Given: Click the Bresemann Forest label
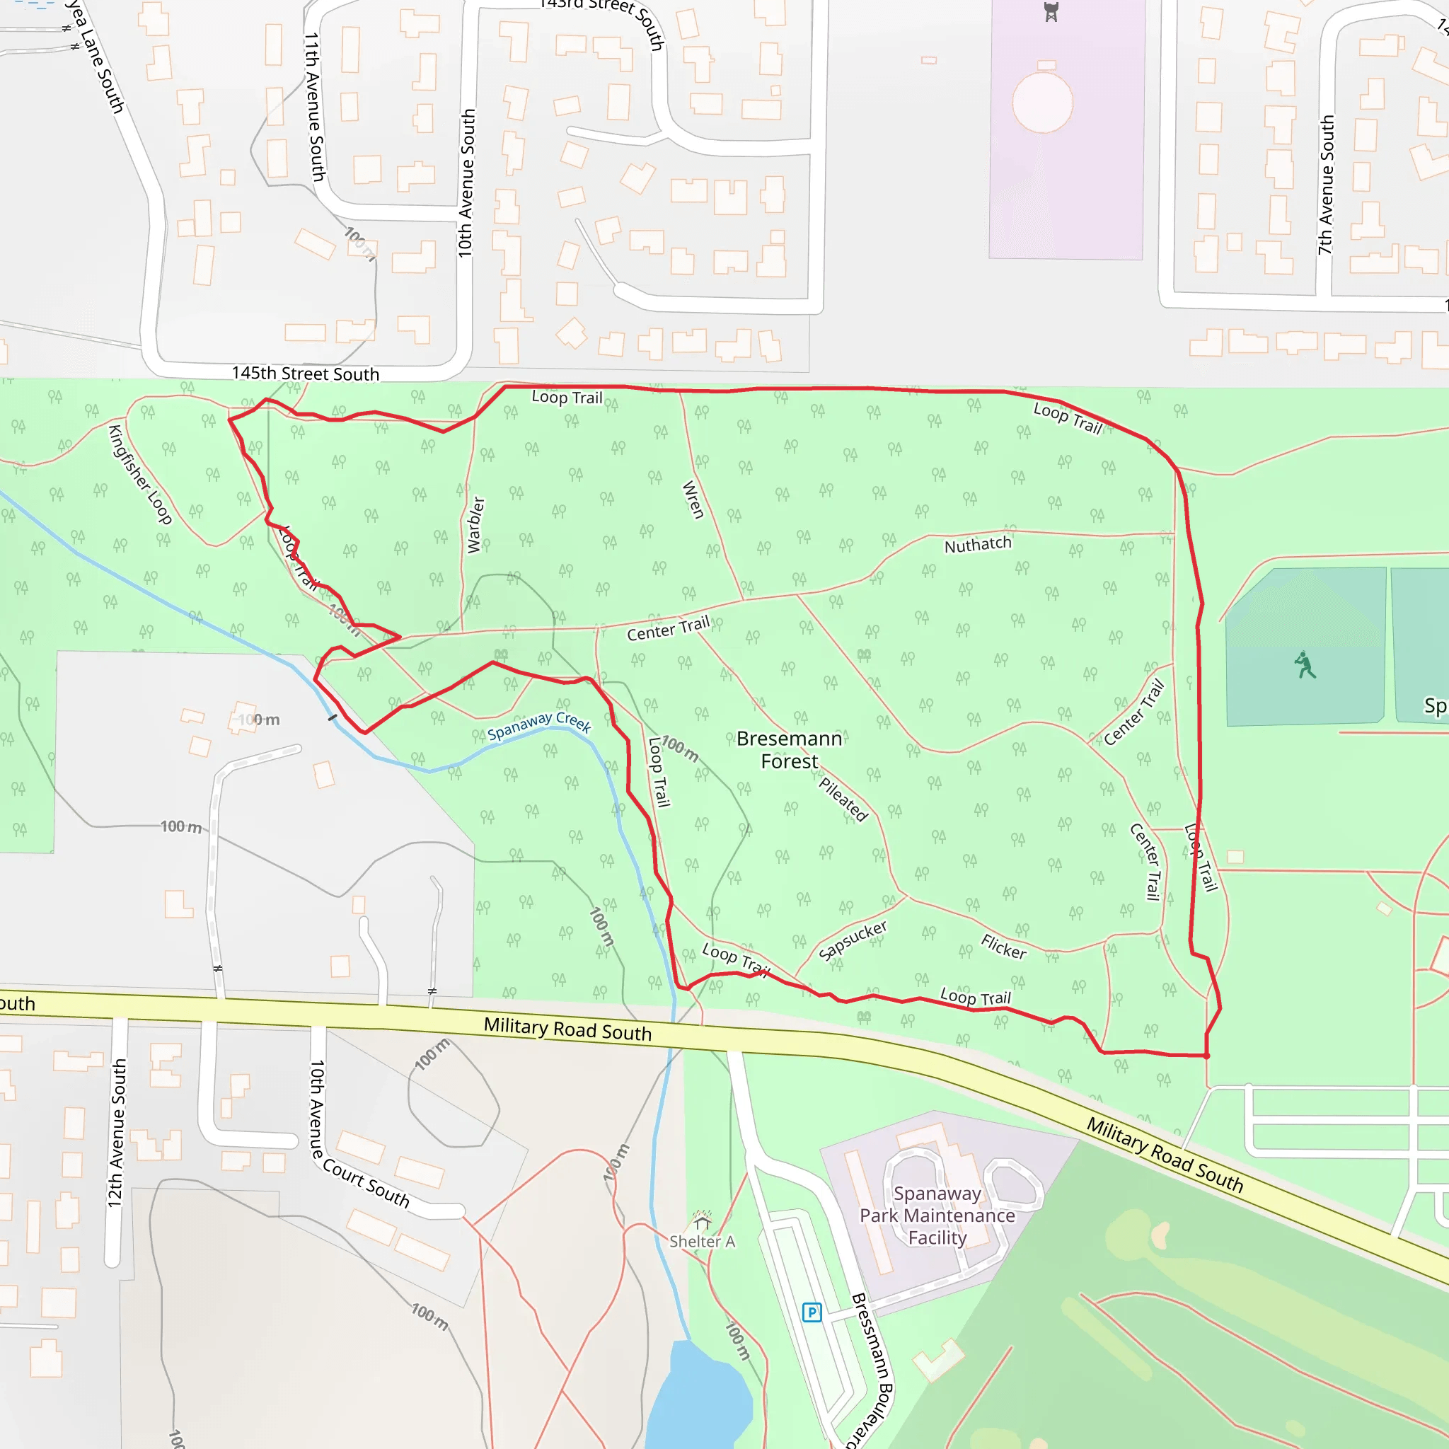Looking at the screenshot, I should (789, 749).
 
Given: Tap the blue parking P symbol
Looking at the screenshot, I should (812, 1312).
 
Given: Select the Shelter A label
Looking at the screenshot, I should (702, 1241).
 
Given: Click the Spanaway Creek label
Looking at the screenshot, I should (539, 724).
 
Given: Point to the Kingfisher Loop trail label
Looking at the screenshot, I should (140, 474).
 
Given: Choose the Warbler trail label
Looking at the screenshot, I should (475, 524).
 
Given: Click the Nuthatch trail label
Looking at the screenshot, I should (977, 545).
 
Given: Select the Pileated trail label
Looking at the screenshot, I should (843, 799).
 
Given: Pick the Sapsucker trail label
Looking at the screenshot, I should (853, 940).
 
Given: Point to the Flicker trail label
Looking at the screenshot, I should (1003, 947).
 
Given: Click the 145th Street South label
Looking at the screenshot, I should (305, 374).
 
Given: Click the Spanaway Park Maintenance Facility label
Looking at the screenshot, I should (937, 1215).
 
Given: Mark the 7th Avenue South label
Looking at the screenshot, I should (1325, 185).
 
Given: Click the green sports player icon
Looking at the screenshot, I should (1304, 664).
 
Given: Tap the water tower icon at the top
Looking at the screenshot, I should (1051, 12).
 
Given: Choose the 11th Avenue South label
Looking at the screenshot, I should (314, 107).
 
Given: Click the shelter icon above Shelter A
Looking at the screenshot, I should (702, 1221).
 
